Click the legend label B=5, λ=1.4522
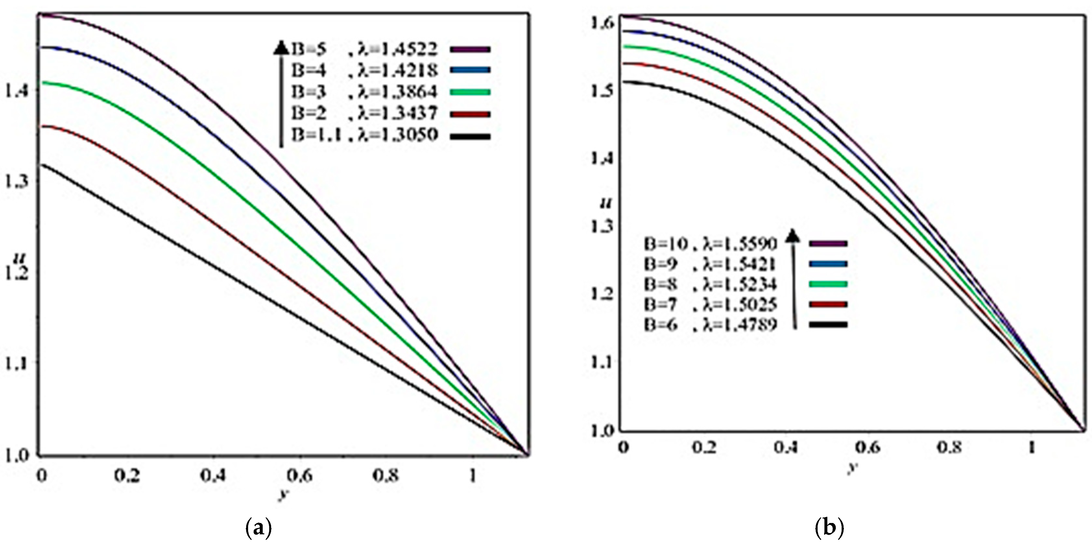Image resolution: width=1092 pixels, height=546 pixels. pyautogui.click(x=364, y=50)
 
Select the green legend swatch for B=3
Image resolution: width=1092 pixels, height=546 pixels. pyautogui.click(x=471, y=92)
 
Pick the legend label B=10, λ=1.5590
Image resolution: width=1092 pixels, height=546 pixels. pyautogui.click(x=710, y=244)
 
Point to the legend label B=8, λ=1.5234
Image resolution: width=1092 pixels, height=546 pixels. pyautogui.click(x=710, y=284)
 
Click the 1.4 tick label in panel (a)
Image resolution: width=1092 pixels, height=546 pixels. pyautogui.click(x=15, y=91)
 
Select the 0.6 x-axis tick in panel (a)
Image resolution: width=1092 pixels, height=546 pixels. pyautogui.click(x=300, y=476)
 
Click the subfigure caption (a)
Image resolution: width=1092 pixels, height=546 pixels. pyautogui.click(x=258, y=528)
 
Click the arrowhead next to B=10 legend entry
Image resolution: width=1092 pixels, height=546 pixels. pyautogui.click(x=792, y=236)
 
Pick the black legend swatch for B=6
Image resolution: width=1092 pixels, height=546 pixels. pyautogui.click(x=828, y=325)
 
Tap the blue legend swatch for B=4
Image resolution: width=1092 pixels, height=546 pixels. pyautogui.click(x=471, y=70)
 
